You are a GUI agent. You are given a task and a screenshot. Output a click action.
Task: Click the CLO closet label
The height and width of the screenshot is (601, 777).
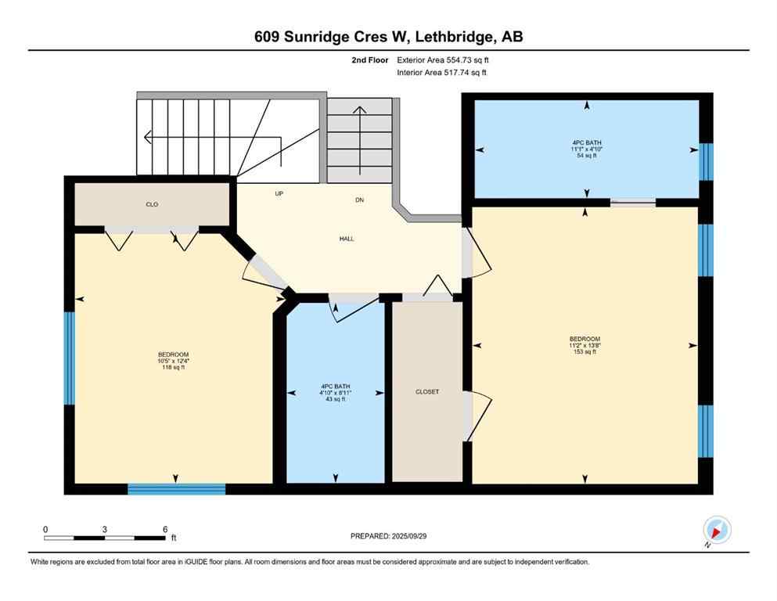[152, 204]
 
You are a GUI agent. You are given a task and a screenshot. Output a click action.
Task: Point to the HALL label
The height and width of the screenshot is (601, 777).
[347, 239]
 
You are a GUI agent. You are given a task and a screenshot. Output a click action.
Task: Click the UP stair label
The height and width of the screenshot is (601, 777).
[279, 193]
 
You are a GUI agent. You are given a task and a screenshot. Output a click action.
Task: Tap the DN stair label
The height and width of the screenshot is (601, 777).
[360, 200]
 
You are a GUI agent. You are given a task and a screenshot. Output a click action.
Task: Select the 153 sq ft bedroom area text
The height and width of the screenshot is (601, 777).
[585, 352]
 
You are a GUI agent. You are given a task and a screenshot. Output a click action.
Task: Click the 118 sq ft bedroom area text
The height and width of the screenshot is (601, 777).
[174, 367]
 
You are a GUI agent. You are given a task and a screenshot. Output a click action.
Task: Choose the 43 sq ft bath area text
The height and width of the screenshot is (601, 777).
[335, 399]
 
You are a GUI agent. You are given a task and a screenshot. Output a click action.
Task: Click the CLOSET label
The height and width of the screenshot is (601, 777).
[427, 392]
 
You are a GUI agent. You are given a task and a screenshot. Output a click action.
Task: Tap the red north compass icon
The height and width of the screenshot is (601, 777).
[716, 530]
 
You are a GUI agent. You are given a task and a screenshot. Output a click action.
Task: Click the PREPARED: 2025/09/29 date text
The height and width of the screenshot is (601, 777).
[388, 536]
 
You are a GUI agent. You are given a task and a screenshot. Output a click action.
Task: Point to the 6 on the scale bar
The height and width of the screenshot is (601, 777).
[164, 529]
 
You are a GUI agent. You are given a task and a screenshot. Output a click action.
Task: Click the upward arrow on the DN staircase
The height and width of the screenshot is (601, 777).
[360, 113]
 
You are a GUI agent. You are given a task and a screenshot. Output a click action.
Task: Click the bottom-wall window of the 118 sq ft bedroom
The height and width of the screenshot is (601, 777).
[177, 489]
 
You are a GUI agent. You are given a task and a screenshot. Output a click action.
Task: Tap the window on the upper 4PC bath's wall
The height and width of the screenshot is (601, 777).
[707, 161]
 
